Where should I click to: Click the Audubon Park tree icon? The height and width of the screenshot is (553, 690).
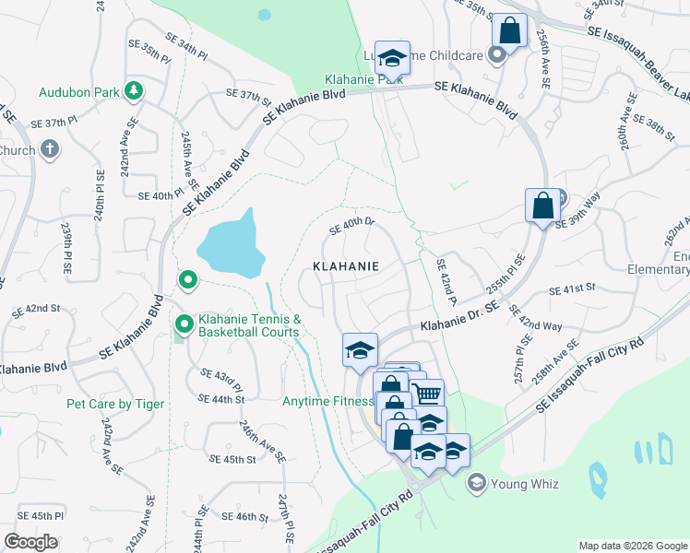click(135, 90)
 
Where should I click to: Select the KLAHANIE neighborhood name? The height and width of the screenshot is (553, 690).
click(347, 265)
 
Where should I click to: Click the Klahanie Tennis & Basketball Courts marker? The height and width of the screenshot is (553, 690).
click(184, 324)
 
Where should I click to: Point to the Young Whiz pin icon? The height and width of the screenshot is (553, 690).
click(477, 481)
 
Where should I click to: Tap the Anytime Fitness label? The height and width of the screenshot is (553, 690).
click(327, 401)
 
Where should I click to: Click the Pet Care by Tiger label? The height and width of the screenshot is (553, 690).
click(115, 404)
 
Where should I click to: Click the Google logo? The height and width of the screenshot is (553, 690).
click(31, 542)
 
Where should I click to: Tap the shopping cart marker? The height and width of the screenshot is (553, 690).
click(426, 394)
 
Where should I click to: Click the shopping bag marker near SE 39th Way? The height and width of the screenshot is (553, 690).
click(543, 205)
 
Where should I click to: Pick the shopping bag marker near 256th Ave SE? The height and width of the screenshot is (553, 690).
click(509, 29)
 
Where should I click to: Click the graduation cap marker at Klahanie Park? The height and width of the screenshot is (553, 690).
click(392, 58)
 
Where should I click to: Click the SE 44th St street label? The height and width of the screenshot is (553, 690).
click(221, 398)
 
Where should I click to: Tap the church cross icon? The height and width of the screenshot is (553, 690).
click(50, 149)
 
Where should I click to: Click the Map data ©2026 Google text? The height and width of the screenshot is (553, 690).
click(632, 546)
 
